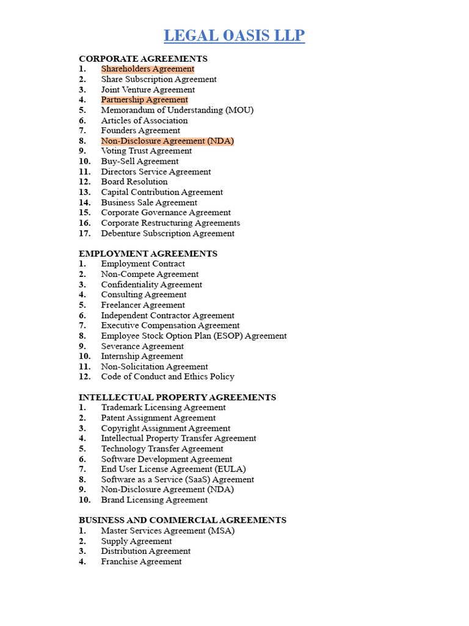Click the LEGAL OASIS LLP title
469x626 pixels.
[234, 35]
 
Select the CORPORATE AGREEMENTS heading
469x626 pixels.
[143, 59]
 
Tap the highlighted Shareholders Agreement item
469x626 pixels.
[148, 69]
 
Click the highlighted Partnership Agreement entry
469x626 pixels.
[145, 100]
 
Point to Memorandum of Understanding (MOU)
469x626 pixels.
[177, 110]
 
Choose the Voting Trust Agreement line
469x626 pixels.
[147, 151]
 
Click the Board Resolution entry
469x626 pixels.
[134, 182]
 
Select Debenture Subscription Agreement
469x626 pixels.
[168, 233]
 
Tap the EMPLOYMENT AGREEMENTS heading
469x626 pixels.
[148, 254]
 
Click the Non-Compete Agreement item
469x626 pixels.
[150, 274]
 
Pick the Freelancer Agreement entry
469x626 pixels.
[143, 305]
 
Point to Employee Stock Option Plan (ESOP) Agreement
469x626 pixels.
[194, 336]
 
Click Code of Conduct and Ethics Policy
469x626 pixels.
[168, 377]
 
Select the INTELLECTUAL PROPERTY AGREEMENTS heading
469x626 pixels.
[177, 397]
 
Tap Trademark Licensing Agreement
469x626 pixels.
[163, 407]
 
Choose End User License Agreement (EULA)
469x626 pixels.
[173, 469]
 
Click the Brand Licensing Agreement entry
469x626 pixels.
[155, 499]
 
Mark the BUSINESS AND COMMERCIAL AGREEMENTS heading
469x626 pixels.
[183, 520]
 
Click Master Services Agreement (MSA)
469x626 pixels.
[168, 531]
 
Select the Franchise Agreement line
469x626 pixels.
[142, 561]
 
